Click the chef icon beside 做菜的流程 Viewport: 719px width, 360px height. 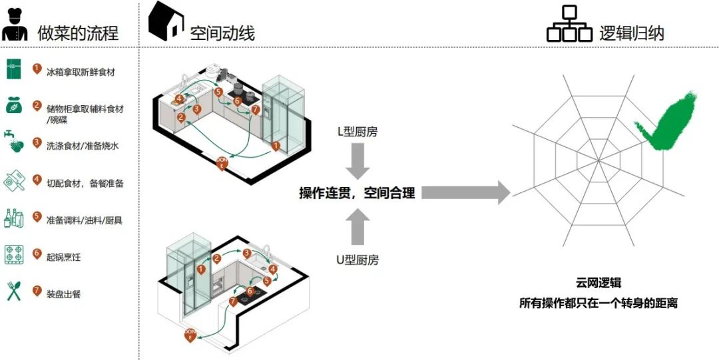tap(14, 25)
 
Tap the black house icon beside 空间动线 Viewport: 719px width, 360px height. tap(165, 21)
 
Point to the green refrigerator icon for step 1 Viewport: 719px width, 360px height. tap(13, 69)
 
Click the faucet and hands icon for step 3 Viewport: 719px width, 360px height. tap(13, 141)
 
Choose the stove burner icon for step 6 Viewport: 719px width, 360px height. tap(13, 254)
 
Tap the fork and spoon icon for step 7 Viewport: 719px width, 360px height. tap(13, 291)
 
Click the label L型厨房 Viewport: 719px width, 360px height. tap(358, 132)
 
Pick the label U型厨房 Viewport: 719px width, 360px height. tap(358, 260)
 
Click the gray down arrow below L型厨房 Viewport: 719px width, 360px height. tap(358, 163)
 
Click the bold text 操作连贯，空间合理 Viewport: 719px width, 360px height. tap(357, 193)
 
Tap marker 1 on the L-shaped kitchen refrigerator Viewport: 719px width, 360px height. tap(276, 142)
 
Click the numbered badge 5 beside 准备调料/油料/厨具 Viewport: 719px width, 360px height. tap(37, 216)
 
